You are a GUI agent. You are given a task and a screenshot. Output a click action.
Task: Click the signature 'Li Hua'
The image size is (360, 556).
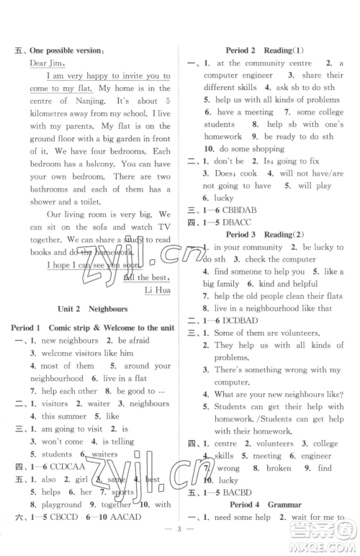tap(158, 290)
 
